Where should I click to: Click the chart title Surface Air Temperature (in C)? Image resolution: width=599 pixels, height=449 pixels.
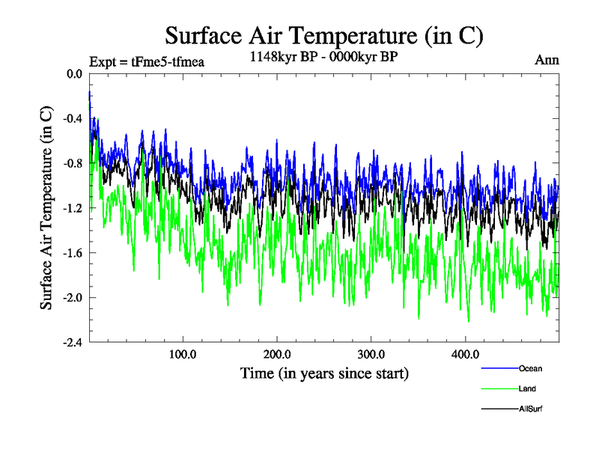324,35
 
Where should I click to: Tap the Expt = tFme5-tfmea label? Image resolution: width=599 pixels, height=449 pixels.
146,62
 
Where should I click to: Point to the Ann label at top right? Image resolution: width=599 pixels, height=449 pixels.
547,60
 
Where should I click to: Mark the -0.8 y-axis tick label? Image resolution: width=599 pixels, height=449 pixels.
73,163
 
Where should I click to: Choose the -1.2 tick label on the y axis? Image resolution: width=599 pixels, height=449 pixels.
73,208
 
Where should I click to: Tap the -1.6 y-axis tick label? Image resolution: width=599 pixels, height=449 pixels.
73,253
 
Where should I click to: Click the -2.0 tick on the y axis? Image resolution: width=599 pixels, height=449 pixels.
73,298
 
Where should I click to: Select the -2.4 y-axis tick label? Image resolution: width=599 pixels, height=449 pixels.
73,343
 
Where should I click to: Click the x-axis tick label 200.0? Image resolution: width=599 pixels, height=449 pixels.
277,355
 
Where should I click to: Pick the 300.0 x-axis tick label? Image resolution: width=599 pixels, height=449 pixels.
371,355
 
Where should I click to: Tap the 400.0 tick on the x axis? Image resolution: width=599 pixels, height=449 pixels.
466,355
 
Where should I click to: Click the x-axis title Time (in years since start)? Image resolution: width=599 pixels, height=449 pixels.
324,373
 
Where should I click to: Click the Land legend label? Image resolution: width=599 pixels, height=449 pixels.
527,389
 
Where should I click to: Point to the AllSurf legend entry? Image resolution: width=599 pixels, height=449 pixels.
530,409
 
